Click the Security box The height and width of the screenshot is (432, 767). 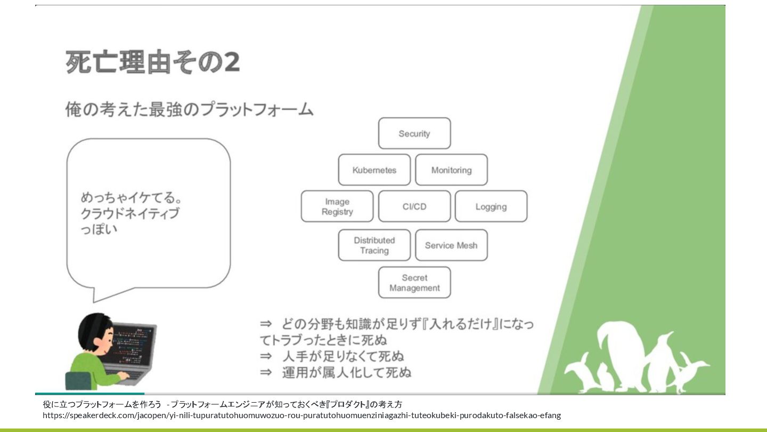(414, 133)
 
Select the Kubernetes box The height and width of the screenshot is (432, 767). (374, 170)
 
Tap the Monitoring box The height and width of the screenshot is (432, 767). (451, 170)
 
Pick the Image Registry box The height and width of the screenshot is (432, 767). (337, 206)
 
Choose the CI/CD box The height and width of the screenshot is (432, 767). (414, 206)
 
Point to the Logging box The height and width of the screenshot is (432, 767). (491, 206)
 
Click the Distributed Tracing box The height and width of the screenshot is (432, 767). (374, 245)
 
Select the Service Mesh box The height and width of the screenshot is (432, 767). (451, 245)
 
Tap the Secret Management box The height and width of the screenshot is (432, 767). (414, 283)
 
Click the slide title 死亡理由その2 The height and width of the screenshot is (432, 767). (152, 62)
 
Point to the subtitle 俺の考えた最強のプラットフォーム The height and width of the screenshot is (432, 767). (189, 109)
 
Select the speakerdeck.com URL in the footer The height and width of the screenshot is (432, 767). (301, 415)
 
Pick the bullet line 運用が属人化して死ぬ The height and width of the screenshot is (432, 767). (336, 372)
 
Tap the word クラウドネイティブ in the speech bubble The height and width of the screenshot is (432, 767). (130, 214)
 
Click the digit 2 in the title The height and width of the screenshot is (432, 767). (231, 62)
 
